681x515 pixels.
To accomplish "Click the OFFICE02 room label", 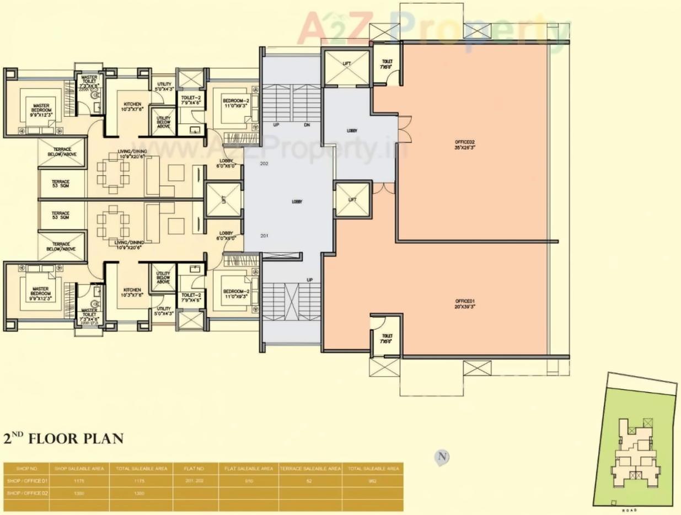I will coord(465,144).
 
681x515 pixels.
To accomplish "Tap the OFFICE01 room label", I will coord(465,303).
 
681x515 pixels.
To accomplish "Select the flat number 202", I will coord(264,164).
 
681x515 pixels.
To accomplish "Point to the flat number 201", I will coord(264,236).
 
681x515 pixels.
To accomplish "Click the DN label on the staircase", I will coord(307,125).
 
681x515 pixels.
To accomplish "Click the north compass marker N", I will coord(442,457).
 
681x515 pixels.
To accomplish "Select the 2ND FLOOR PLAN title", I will coord(63,439).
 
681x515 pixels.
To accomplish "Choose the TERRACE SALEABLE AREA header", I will coord(310,469).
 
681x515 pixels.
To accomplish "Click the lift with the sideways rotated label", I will coord(223,200).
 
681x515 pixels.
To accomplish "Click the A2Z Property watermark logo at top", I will coord(433,29).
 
